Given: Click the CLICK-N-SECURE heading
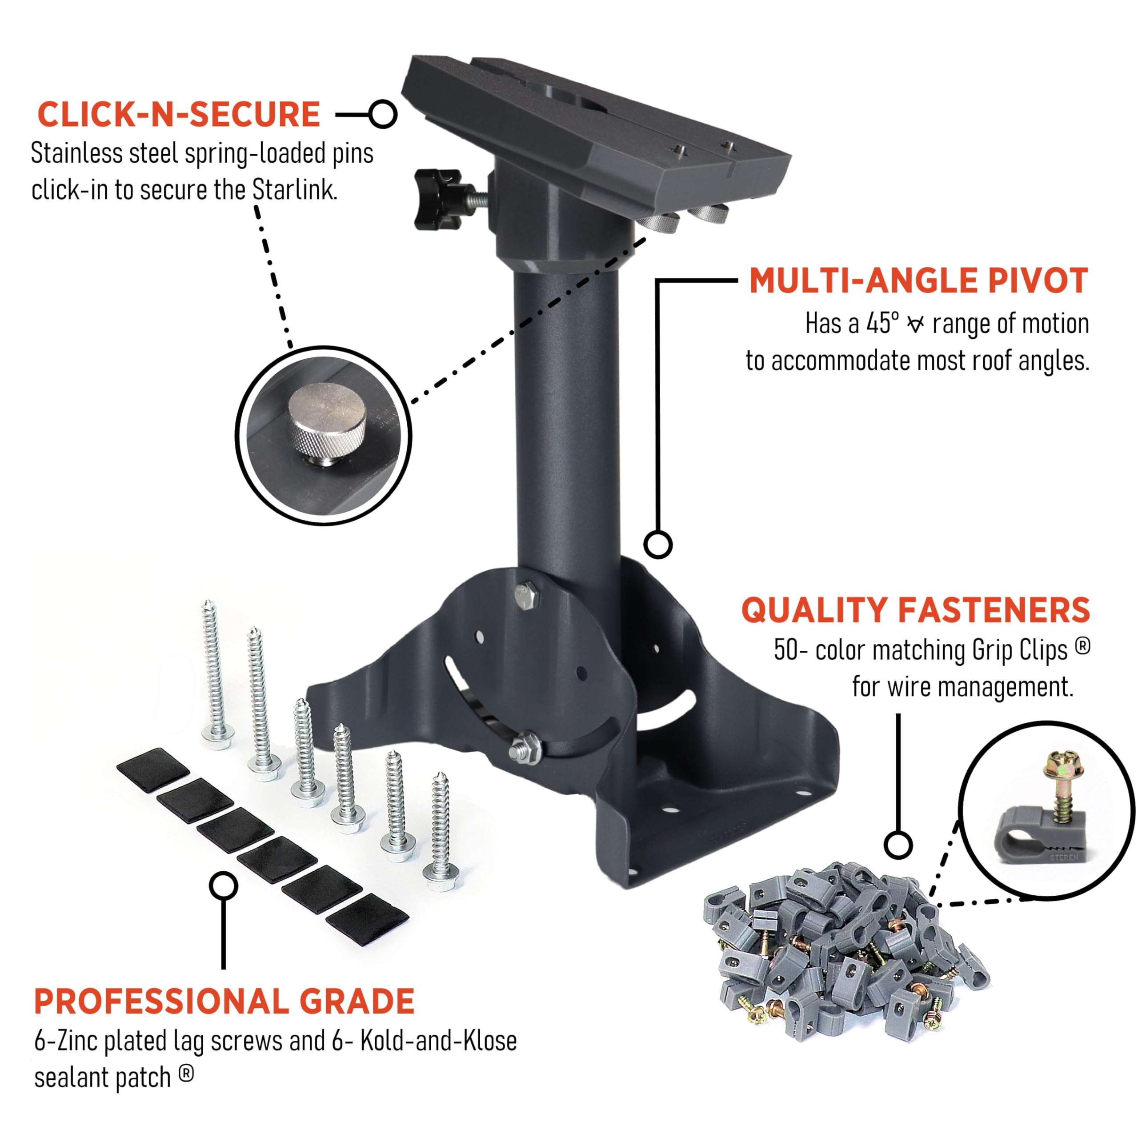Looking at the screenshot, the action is pos(178,114).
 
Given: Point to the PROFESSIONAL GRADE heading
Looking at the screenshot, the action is pos(224,1002).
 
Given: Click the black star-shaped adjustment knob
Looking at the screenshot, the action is pos(439,199).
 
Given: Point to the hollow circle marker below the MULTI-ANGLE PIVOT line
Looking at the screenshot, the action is pos(658,544).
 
